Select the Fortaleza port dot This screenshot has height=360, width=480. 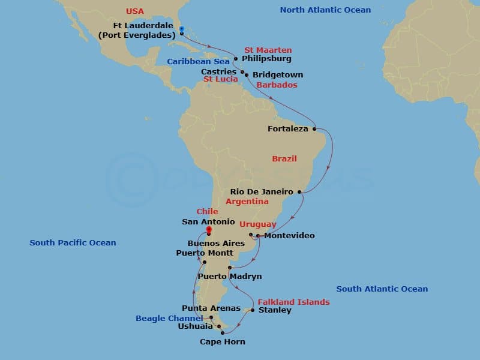point(314,128)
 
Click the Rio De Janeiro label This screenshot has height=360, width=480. point(262,192)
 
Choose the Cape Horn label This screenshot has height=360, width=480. point(222,342)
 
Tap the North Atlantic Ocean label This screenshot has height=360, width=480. point(325,10)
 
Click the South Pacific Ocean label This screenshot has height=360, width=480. point(73,243)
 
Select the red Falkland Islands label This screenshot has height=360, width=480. point(293,302)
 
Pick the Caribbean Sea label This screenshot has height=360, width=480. point(198,62)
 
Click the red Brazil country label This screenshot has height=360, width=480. point(284,159)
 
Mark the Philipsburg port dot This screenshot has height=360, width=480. point(236,59)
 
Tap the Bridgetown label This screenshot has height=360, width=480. point(278,75)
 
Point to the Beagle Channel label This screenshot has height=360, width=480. point(170,318)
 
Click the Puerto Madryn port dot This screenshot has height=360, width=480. point(230,268)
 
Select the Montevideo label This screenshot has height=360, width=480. point(289,236)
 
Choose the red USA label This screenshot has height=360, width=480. point(136,11)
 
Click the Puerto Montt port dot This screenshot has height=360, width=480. point(205,262)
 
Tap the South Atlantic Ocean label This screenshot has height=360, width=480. point(382,289)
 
